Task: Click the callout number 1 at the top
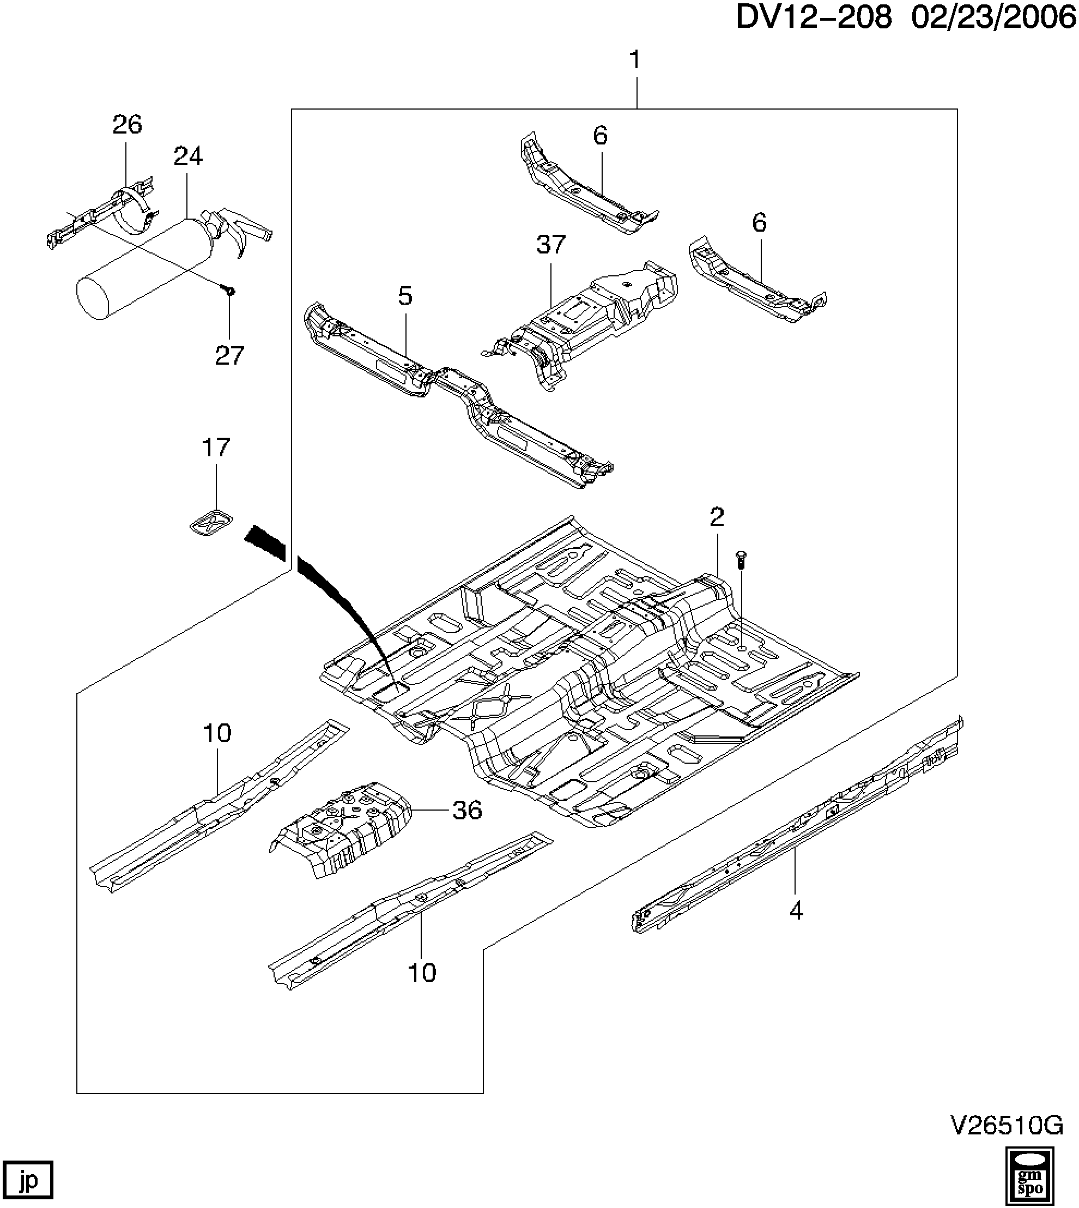point(635,60)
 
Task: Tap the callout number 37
point(551,244)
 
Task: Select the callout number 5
point(405,295)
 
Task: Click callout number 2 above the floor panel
point(717,517)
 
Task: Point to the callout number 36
point(467,810)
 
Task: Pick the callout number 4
point(796,910)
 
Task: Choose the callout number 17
point(216,448)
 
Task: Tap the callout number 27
point(229,356)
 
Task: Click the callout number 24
point(188,156)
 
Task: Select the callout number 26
point(128,124)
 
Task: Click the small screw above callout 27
point(229,291)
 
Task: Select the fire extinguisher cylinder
point(146,270)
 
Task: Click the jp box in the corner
point(27,1179)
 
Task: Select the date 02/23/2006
point(993,19)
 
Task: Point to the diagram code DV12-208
point(814,19)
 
